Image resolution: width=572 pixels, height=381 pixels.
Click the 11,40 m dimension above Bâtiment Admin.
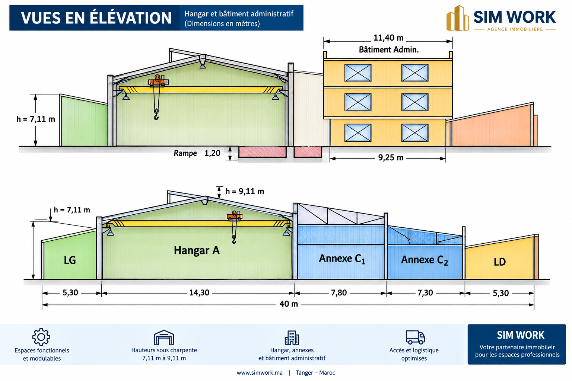pyautogui.click(x=388, y=38)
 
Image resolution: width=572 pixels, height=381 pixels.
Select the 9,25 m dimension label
pyautogui.click(x=391, y=157)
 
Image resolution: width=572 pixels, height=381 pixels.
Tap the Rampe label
pyautogui.click(x=185, y=153)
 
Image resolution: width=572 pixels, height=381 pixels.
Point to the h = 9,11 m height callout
pyautogui.click(x=245, y=191)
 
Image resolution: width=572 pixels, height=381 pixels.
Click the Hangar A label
pyautogui.click(x=197, y=250)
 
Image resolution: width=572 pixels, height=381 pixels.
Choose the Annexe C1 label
pyautogui.click(x=342, y=259)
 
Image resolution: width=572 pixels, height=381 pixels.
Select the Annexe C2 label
pyautogui.click(x=425, y=260)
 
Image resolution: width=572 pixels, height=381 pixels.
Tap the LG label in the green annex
pyautogui.click(x=70, y=260)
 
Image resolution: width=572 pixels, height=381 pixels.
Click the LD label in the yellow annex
pyautogui.click(x=499, y=262)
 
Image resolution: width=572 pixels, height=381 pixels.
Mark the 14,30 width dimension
pyautogui.click(x=199, y=292)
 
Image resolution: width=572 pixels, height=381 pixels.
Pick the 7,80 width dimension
pyautogui.click(x=339, y=292)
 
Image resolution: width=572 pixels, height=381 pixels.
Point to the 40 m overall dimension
pyautogui.click(x=289, y=304)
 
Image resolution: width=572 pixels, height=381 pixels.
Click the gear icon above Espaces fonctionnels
pyautogui.click(x=41, y=337)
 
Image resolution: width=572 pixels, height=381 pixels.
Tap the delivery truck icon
pyautogui.click(x=415, y=337)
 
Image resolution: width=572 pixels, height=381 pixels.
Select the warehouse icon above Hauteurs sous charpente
pyautogui.click(x=164, y=337)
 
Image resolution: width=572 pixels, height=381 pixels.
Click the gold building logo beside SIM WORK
pyautogui.click(x=458, y=18)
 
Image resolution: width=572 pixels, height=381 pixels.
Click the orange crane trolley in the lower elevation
pyautogui.click(x=234, y=216)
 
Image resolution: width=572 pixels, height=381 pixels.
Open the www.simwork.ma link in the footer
pyautogui.click(x=260, y=372)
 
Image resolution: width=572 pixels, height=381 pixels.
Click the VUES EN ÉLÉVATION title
pyautogui.click(x=96, y=18)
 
